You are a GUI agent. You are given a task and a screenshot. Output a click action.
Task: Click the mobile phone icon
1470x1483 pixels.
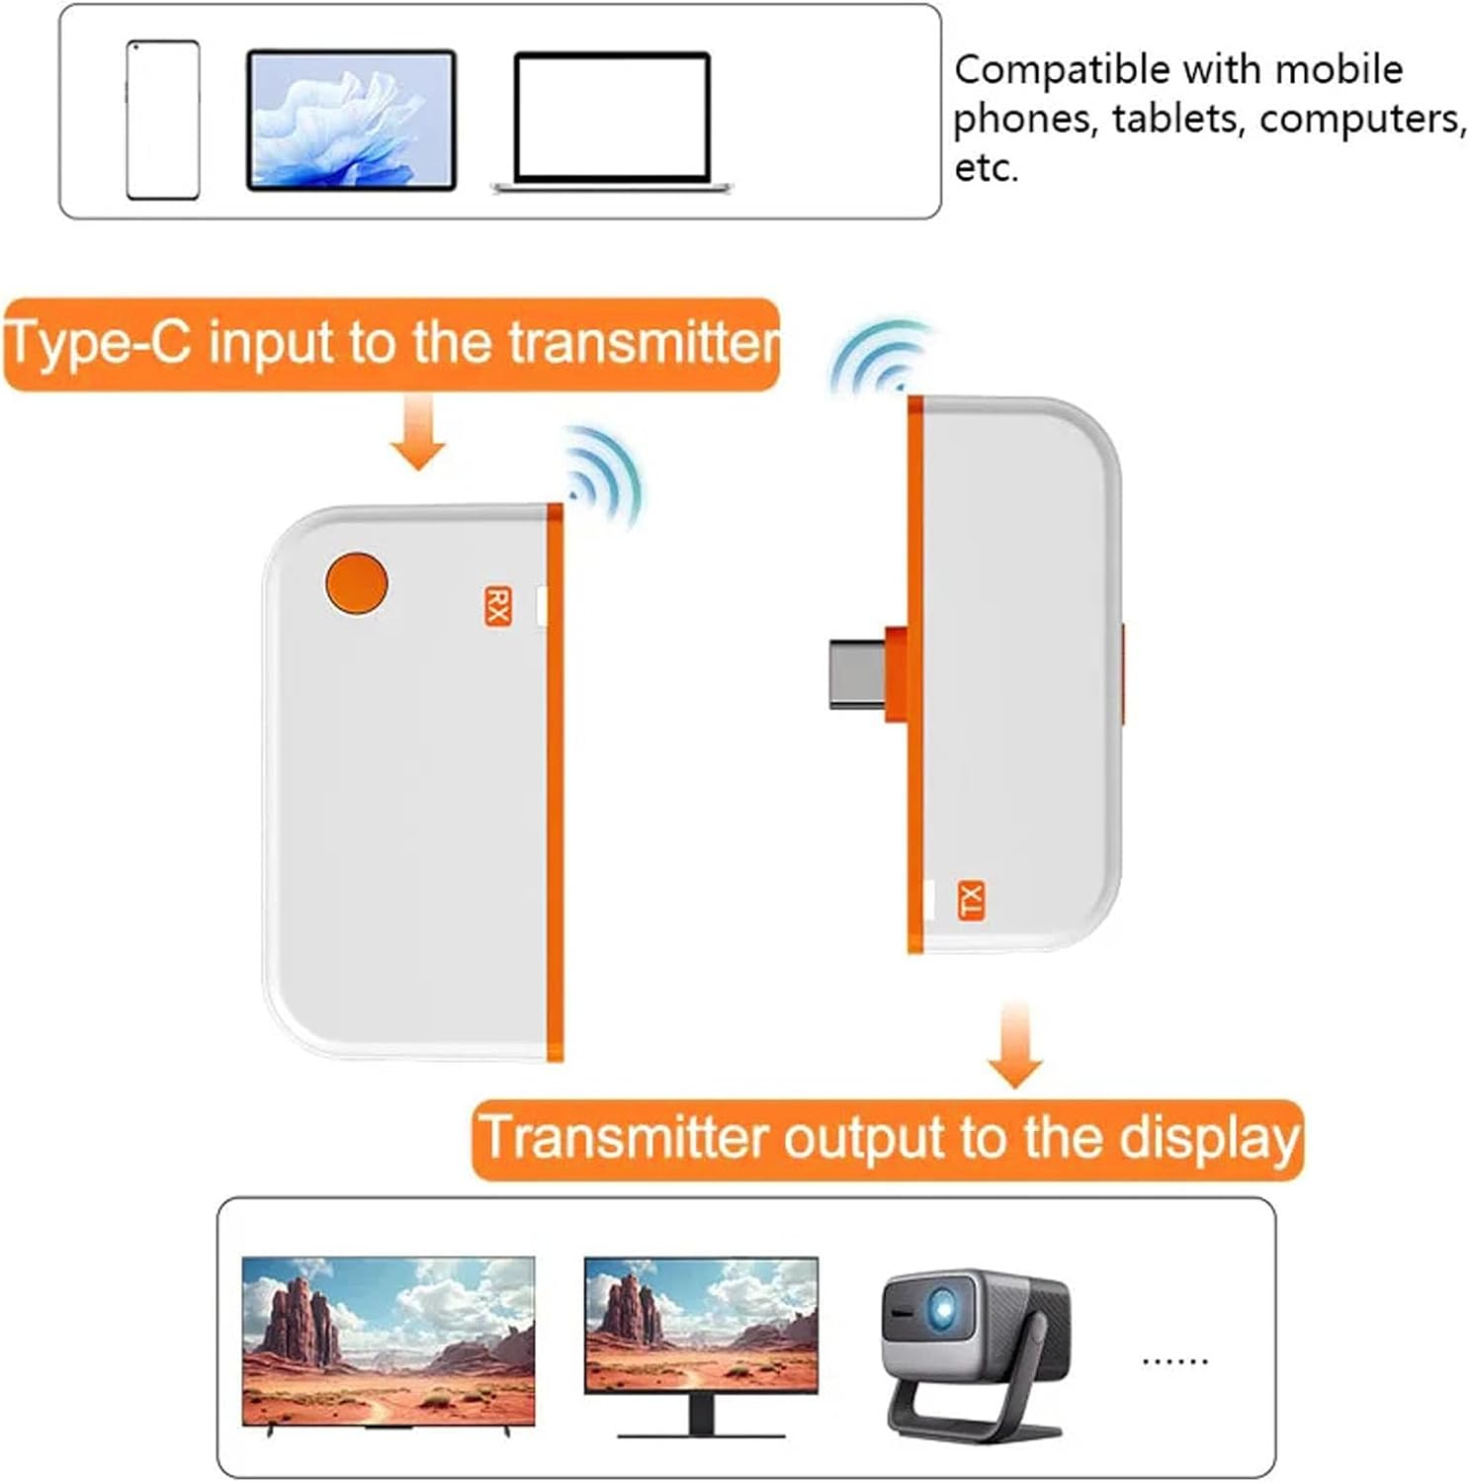pos(163,120)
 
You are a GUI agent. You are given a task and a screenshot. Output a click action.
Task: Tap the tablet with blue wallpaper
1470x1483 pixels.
pos(351,120)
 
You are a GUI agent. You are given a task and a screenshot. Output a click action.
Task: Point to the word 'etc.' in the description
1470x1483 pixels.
pos(986,168)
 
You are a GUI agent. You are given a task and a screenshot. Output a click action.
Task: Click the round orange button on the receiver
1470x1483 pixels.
pos(356,582)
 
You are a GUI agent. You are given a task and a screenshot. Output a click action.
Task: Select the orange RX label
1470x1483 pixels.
pos(497,605)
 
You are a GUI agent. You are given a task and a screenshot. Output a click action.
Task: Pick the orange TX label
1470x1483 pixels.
pos(971,900)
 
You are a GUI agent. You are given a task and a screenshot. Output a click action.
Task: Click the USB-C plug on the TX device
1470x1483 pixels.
pos(858,673)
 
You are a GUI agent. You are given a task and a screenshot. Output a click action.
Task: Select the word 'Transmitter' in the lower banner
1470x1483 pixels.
pos(623,1138)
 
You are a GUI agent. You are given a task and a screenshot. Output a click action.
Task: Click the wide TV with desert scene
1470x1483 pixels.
pos(388,1341)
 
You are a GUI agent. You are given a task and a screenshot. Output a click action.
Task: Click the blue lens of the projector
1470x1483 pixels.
pos(940,1310)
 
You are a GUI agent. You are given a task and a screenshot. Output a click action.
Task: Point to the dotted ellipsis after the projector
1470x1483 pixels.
pos(1174,1361)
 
